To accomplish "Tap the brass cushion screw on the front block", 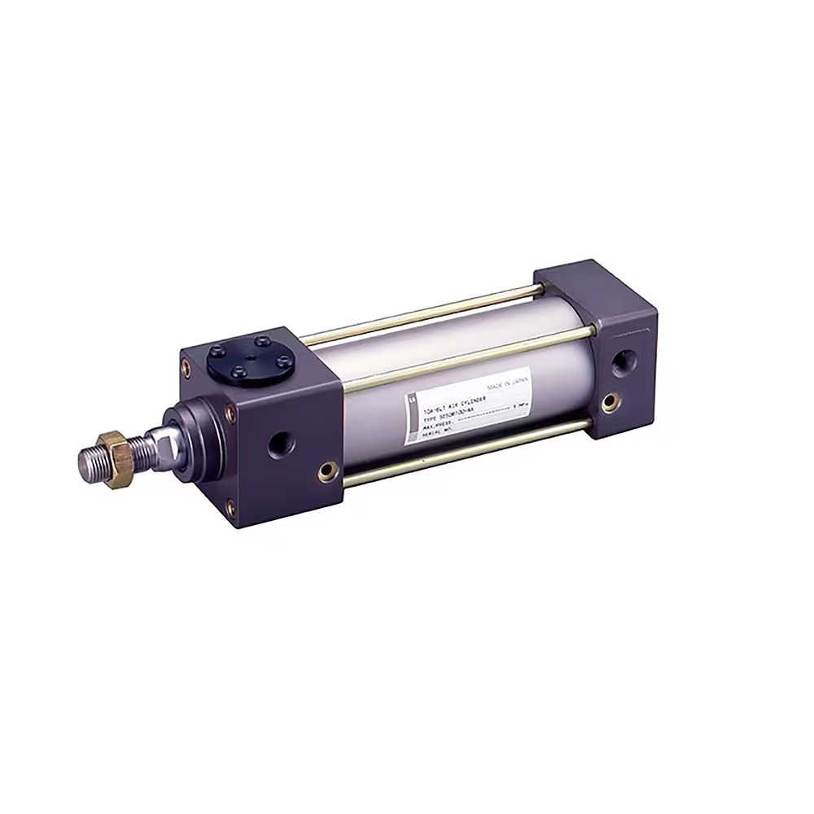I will pyautogui.click(x=328, y=470).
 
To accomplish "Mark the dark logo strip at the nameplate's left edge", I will pyautogui.click(x=411, y=419).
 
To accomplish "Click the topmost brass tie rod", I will pyautogui.click(x=423, y=311).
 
